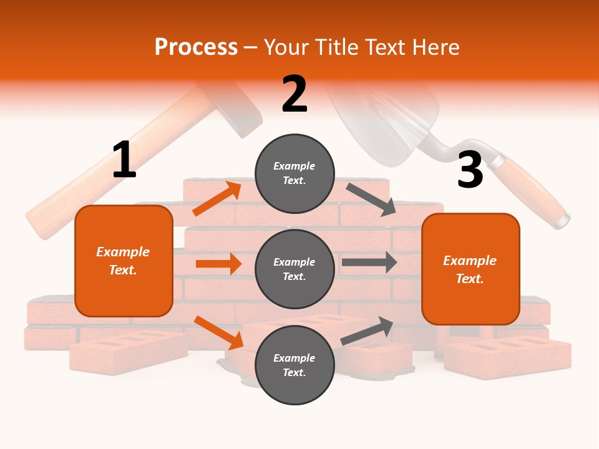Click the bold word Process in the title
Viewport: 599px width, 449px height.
pyautogui.click(x=196, y=47)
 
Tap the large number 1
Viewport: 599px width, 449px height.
pyautogui.click(x=124, y=160)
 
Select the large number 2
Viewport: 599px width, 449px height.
pyautogui.click(x=295, y=94)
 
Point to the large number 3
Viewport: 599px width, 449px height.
pyautogui.click(x=470, y=170)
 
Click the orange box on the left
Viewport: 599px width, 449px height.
pyautogui.click(x=124, y=261)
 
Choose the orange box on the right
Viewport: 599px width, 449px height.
pyautogui.click(x=470, y=269)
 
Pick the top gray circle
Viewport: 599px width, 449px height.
pyautogui.click(x=295, y=173)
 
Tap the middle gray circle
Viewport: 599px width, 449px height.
pyautogui.click(x=295, y=269)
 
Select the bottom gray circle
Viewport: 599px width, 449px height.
pyautogui.click(x=295, y=365)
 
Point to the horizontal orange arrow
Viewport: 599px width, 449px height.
pyautogui.click(x=218, y=264)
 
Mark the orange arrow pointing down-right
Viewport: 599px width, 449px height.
pyautogui.click(x=218, y=332)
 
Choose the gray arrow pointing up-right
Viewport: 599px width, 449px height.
pyautogui.click(x=368, y=331)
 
